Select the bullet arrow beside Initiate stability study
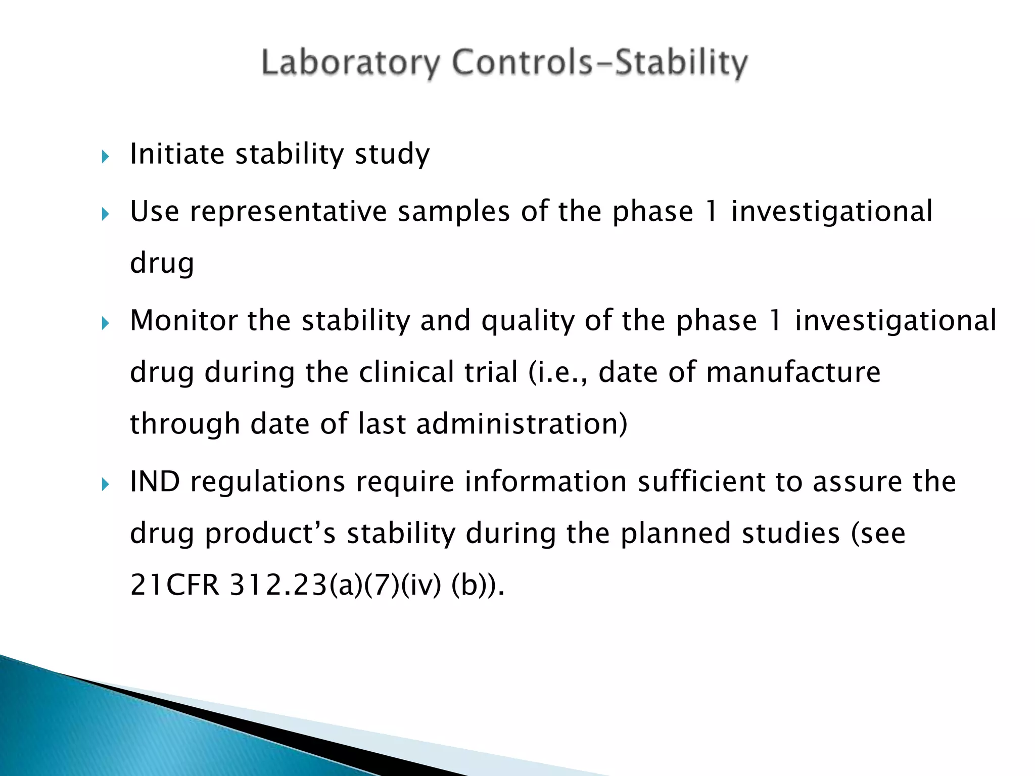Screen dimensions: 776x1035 [105, 157]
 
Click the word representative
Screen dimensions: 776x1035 [288, 211]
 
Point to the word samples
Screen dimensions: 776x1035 [453, 211]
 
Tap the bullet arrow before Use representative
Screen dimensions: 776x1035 [105, 215]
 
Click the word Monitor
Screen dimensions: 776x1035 [183, 320]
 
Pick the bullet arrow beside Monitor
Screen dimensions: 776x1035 [105, 323]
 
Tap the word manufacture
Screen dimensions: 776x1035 [793, 372]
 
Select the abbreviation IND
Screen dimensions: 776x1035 [155, 481]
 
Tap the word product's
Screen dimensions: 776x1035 [270, 533]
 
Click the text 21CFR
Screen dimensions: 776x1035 [175, 586]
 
